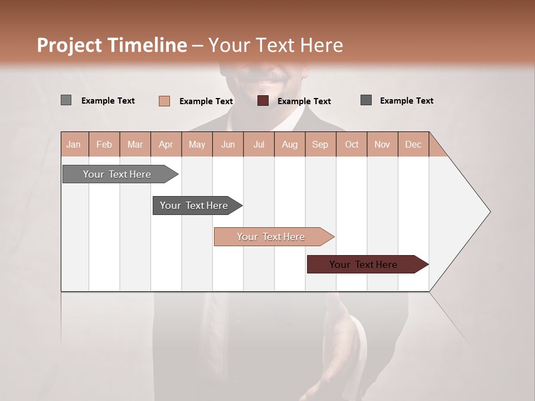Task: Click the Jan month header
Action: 74,144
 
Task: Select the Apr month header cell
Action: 166,144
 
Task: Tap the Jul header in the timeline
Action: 259,144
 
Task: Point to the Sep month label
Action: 320,144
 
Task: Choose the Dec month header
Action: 413,144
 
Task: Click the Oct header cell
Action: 352,144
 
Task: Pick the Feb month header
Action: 104,144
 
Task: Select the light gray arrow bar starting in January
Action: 117,174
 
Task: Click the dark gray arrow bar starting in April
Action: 194,206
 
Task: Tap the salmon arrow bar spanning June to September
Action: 271,237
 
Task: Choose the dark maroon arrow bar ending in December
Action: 363,265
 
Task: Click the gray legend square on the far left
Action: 66,100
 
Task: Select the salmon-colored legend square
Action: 164,101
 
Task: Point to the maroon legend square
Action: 263,101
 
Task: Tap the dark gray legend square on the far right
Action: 366,100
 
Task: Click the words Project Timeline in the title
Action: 111,45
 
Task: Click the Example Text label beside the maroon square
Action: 304,101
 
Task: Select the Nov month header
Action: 382,144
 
